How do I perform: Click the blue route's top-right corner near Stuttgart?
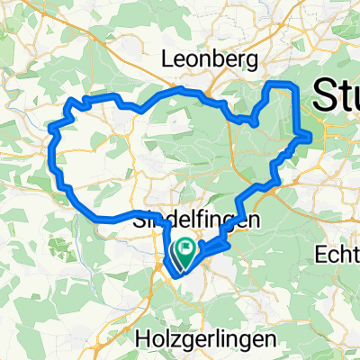point(293,85)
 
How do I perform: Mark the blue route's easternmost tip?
point(310,137)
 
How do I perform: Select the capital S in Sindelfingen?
point(140,219)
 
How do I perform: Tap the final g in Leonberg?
point(255,61)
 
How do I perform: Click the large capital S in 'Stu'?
point(320,94)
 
